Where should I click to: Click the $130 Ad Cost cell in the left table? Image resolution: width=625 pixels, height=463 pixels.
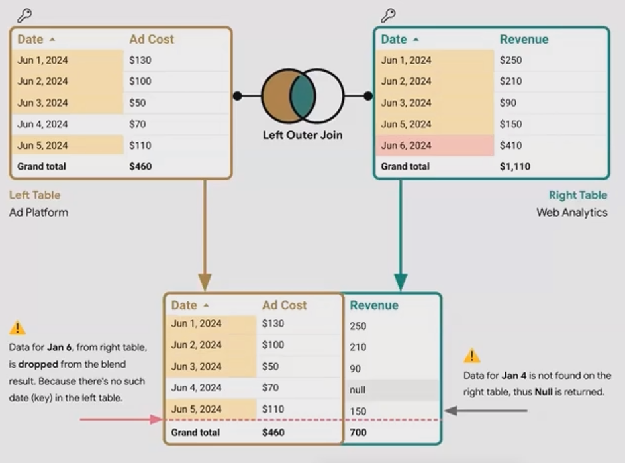coord(140,60)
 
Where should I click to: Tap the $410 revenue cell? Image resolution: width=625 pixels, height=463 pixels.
coord(511,146)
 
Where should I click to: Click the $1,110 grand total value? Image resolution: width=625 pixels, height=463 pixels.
coord(515,167)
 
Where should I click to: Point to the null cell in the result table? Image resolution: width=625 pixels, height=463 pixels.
coord(358,390)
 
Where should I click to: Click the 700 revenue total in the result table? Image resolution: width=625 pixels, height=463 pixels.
coord(358,433)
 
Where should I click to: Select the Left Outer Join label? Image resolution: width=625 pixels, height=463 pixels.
coord(303,135)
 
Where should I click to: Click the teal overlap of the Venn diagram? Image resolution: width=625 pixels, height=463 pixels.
coord(303,96)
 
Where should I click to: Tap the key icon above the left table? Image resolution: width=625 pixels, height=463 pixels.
coord(24,15)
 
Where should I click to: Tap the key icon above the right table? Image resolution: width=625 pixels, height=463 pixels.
coord(388,15)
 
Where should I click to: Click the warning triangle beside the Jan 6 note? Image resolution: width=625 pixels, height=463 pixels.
coord(18,328)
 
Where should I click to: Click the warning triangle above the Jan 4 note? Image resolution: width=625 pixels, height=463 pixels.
coord(471,356)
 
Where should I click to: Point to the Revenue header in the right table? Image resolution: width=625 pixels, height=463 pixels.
coord(524,40)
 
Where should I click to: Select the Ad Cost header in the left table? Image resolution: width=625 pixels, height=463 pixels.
coord(152,40)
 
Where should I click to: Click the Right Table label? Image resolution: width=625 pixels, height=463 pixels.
coord(577,195)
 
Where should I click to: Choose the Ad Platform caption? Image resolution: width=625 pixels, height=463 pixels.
coord(38,213)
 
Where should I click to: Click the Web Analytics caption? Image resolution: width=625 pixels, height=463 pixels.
coord(571,213)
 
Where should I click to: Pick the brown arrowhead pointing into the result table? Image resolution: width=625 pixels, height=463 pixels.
coord(205,282)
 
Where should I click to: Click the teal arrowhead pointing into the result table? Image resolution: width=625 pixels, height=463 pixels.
coord(400,282)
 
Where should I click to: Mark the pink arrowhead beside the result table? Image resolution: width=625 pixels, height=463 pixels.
coord(157,419)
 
